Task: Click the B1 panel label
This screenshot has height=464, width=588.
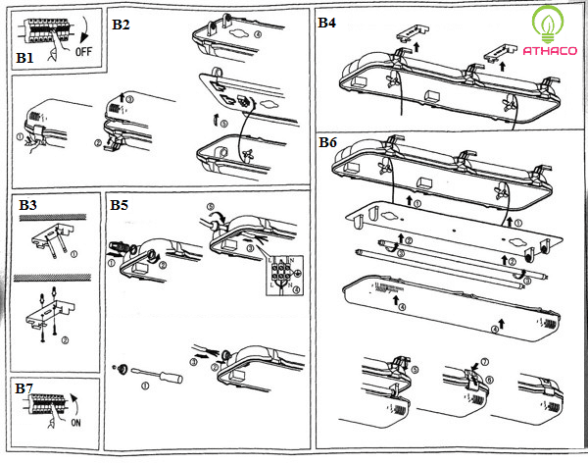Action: tap(24, 59)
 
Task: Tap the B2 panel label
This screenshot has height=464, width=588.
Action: tap(121, 23)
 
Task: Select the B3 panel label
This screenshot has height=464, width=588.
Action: tap(27, 205)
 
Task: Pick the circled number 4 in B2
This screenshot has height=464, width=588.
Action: tap(257, 34)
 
